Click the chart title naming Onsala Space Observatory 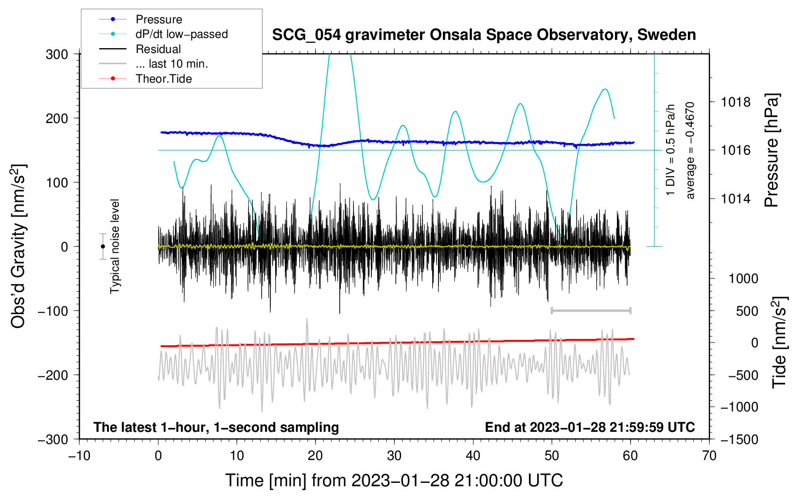(484, 35)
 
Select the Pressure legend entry (158, 19)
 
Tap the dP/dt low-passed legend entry (181, 34)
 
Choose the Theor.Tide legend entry (163, 79)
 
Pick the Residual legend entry (158, 49)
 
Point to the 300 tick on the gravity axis (57, 54)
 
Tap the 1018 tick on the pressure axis (736, 102)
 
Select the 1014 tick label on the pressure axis (736, 198)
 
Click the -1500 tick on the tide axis (739, 439)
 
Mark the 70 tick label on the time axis (709, 456)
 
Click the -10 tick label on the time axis (79, 456)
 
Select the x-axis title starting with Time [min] (394, 480)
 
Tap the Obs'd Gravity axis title (18, 246)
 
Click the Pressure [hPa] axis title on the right (772, 150)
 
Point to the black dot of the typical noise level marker (103, 247)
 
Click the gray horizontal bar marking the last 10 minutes (591, 311)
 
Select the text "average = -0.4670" (690, 150)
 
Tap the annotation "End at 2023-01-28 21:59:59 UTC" (590, 427)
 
